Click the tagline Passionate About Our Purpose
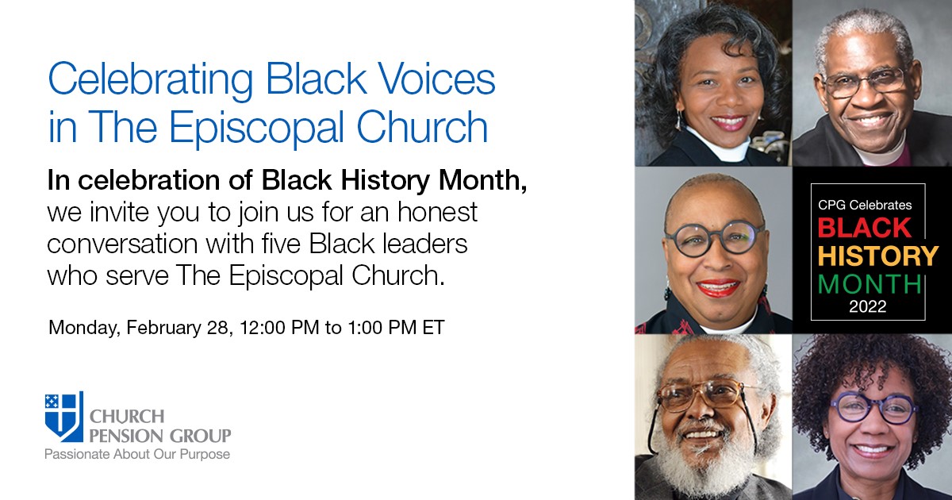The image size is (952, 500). click(137, 455)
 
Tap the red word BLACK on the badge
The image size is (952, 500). click(865, 229)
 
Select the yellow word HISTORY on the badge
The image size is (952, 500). click(877, 256)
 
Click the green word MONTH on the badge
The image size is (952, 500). click(869, 283)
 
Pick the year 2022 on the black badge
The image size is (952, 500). click(868, 306)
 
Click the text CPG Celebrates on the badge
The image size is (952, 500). click(865, 205)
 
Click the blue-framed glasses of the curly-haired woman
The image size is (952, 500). click(872, 409)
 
